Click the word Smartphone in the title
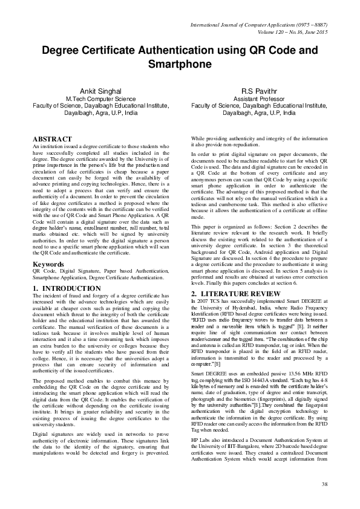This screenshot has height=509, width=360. (x=180, y=63)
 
